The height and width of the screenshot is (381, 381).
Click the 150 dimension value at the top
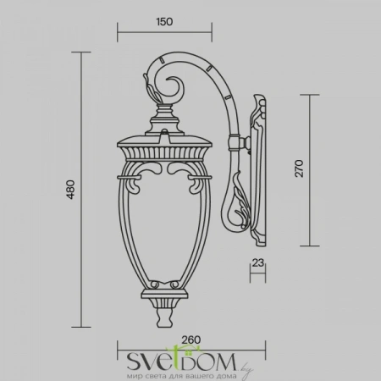164,22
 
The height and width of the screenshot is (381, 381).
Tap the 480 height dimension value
71,190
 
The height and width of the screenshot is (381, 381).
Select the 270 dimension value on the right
299,168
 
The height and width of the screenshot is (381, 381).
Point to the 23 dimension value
258,262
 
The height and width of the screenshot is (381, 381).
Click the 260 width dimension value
191,340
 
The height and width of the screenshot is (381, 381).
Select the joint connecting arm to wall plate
240,143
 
